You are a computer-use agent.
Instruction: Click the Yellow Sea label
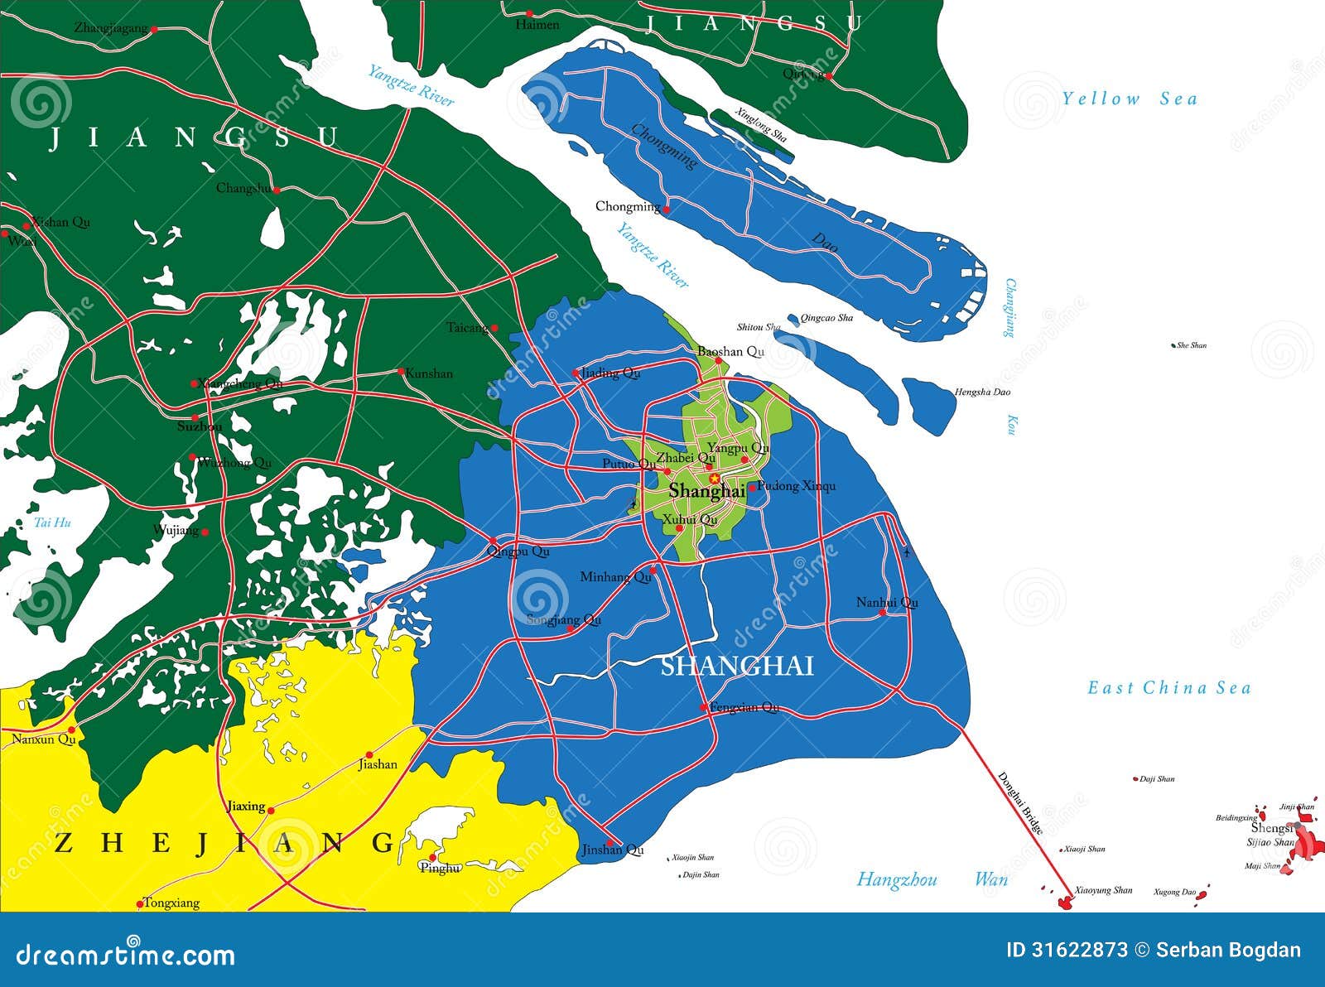[x=1130, y=99]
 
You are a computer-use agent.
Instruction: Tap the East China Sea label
[x=1168, y=688]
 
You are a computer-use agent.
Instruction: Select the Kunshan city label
[x=429, y=373]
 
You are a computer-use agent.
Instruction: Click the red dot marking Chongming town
[x=666, y=209]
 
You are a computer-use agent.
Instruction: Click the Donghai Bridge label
[x=1020, y=802]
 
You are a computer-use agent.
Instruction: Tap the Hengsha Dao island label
[x=982, y=392]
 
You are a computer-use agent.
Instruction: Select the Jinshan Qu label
[x=612, y=850]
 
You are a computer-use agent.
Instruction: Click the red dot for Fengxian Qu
[x=704, y=707]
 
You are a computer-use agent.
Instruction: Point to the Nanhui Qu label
[x=886, y=602]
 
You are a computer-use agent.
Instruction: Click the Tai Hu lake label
[x=52, y=522]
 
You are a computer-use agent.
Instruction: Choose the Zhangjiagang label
[x=110, y=27]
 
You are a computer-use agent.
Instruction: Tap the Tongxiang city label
[x=171, y=903]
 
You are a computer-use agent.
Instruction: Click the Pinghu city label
[x=440, y=868]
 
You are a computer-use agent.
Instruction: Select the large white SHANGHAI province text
[x=737, y=666]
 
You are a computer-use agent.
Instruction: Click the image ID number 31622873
[x=1067, y=950]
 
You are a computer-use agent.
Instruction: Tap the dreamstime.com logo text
[x=125, y=954]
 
